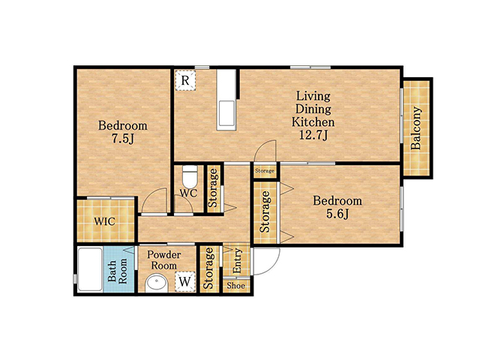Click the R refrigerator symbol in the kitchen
[185, 80]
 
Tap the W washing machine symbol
[185, 281]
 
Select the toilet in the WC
[190, 177]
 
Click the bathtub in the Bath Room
[90, 269]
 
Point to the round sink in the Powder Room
[157, 283]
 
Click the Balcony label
[416, 128]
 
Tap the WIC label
[105, 221]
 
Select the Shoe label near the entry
[236, 286]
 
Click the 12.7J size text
[313, 135]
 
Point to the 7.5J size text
[123, 139]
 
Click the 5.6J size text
[337, 214]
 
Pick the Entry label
[237, 261]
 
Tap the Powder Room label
[163, 260]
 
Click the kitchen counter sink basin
[226, 113]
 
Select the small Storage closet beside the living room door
[265, 171]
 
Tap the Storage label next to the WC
[213, 188]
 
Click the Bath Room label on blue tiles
[118, 271]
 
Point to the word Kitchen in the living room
[313, 121]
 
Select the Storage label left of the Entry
[209, 268]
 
